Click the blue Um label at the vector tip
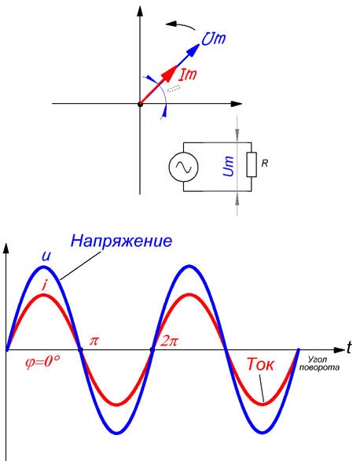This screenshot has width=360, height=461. point(214,39)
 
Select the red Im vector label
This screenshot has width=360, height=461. point(188,75)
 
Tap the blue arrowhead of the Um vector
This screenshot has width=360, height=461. point(193,50)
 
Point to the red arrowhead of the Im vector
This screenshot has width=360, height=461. point(170,73)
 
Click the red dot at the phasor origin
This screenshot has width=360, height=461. point(141,104)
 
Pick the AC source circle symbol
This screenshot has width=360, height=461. point(183,167)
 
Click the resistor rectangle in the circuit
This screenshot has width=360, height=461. point(252,164)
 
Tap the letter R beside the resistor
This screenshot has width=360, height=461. point(265,164)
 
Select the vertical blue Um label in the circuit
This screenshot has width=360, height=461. point(229,166)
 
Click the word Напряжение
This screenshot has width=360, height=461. point(121,241)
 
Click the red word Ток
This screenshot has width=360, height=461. point(260,364)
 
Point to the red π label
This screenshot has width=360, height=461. point(94,341)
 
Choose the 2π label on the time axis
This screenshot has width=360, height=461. point(169,341)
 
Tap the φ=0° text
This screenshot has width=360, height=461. point(43,362)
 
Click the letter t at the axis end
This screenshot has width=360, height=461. point(348,348)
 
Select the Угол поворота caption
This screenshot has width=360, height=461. point(319,363)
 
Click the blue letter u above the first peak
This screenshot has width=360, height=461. point(46,256)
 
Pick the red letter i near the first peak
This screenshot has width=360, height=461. point(45,285)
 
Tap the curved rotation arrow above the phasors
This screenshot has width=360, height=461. point(180,26)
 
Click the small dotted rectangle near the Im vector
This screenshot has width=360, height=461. point(174,88)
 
